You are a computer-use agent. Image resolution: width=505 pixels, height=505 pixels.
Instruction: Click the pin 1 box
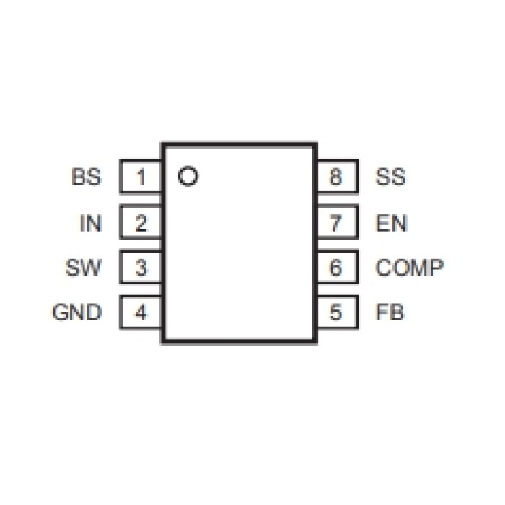[141, 177]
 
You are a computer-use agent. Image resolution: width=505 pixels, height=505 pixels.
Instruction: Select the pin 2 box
[141, 223]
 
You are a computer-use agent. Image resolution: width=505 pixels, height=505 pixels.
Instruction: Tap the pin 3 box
[141, 268]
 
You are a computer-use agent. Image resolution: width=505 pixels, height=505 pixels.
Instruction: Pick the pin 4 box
[141, 314]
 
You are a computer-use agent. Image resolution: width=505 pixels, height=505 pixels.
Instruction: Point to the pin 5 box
[335, 314]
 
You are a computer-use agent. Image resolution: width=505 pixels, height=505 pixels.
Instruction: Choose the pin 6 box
[335, 268]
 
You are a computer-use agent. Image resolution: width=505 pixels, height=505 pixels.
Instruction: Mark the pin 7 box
[335, 223]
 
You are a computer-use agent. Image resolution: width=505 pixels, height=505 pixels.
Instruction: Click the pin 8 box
[335, 177]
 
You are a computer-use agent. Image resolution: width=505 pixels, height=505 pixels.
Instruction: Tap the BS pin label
[87, 177]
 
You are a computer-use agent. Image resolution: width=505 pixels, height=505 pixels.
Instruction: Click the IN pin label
[90, 223]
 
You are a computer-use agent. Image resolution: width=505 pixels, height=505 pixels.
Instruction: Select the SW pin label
[83, 268]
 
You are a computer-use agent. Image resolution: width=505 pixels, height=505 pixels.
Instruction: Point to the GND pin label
[76, 314]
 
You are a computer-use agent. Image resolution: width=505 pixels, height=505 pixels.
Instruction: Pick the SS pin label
[390, 177]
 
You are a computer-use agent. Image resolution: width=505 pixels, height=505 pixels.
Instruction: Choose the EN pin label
[391, 223]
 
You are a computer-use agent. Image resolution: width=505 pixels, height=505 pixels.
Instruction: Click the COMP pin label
[409, 268]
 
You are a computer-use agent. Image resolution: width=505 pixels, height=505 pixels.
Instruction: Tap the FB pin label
[390, 314]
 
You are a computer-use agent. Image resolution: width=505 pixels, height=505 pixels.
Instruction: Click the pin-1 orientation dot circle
[188, 176]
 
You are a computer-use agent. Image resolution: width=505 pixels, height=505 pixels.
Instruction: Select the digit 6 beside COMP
[335, 268]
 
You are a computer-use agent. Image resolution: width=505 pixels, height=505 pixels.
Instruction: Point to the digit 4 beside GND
[141, 314]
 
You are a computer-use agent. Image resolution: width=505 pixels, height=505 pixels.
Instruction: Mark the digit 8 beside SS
[335, 177]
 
